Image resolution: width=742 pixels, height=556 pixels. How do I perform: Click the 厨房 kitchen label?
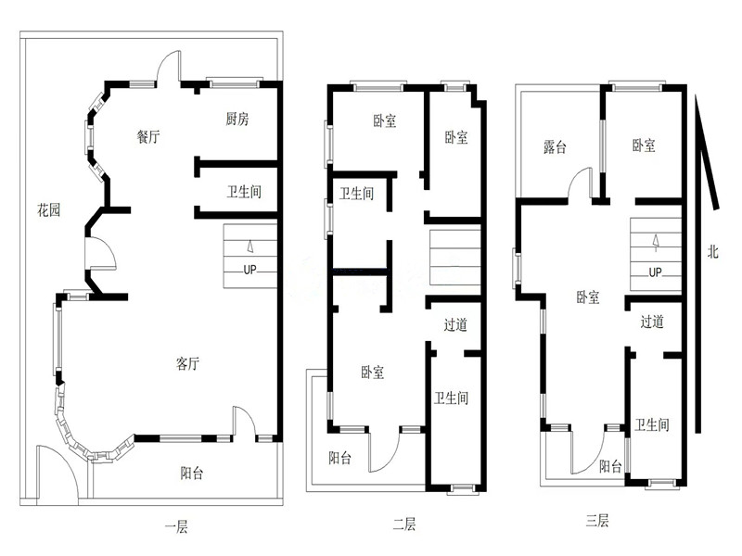tap(237, 119)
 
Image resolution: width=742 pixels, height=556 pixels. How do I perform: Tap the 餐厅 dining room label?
tap(148, 136)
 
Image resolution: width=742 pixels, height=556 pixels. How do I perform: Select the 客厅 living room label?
tap(187, 363)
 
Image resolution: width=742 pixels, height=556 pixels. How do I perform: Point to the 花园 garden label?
tap(49, 209)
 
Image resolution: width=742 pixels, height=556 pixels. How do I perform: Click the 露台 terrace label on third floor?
tap(555, 146)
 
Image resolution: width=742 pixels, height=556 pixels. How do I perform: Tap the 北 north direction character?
tap(712, 251)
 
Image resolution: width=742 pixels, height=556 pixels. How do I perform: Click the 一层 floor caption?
tap(176, 526)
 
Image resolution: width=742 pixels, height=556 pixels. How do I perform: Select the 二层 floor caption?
tap(404, 524)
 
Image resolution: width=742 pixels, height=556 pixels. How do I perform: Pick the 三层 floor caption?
tap(596, 521)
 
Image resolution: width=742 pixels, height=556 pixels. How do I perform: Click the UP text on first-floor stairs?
tap(249, 270)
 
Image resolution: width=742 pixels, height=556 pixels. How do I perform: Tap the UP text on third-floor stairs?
tap(655, 272)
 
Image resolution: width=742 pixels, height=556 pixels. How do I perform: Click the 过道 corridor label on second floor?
tap(455, 325)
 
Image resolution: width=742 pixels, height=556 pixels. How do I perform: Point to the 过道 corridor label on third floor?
tap(652, 322)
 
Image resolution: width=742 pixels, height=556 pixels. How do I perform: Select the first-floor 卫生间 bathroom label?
tap(244, 192)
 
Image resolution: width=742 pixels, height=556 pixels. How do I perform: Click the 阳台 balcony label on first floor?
tap(192, 473)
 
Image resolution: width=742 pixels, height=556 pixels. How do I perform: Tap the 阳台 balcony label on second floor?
tap(339, 458)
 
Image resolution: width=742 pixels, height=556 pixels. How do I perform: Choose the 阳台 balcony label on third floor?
tap(610, 467)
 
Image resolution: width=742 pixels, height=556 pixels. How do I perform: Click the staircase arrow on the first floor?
tap(249, 246)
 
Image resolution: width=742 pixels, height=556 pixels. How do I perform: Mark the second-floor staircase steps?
tap(454, 258)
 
